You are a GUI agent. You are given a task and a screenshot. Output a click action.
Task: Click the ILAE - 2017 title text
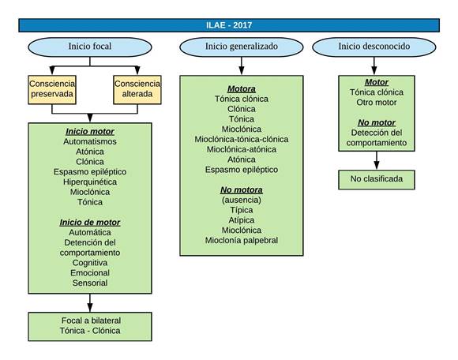click(229, 25)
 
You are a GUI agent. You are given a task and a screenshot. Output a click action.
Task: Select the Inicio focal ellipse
click(90, 47)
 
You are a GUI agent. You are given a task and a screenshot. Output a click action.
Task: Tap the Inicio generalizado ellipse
click(242, 47)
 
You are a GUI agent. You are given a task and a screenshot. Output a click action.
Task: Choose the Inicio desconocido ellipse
click(374, 47)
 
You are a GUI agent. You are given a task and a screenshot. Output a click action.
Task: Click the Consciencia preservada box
click(52, 90)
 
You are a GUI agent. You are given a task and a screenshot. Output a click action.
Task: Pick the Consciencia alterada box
click(137, 90)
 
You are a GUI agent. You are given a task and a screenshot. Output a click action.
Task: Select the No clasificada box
click(377, 179)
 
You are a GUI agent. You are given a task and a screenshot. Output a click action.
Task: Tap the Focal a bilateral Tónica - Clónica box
click(90, 326)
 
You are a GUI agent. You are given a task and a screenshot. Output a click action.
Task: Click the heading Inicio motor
click(90, 132)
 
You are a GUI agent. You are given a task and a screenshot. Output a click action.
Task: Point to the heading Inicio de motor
click(90, 223)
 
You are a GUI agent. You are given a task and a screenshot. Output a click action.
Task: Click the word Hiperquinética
click(90, 182)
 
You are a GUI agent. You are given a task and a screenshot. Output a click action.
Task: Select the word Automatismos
click(90, 141)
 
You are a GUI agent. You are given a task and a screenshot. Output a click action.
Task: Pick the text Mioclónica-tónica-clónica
click(242, 139)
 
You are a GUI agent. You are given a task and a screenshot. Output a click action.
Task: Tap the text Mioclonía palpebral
click(242, 240)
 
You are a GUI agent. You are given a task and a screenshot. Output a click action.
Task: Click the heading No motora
click(242, 190)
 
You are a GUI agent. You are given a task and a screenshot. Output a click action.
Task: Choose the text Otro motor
click(377, 103)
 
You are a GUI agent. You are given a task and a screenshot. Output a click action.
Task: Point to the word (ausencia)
click(242, 200)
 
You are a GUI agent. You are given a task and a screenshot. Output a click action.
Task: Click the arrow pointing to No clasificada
click(377, 160)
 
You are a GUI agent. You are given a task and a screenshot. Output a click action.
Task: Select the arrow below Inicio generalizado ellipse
click(242, 66)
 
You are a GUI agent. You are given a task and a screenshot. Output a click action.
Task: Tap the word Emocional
click(90, 272)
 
